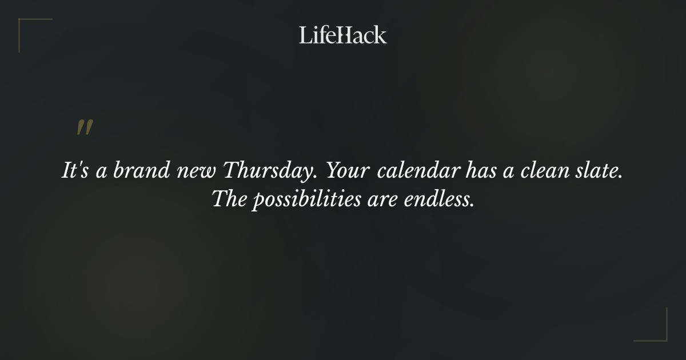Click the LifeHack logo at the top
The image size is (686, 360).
[x=343, y=35]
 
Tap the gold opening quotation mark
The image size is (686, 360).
[x=85, y=128]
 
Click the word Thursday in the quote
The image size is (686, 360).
[x=262, y=172]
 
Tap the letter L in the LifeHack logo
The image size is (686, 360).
[x=305, y=35]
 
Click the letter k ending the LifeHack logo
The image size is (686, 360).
[x=380, y=35]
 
